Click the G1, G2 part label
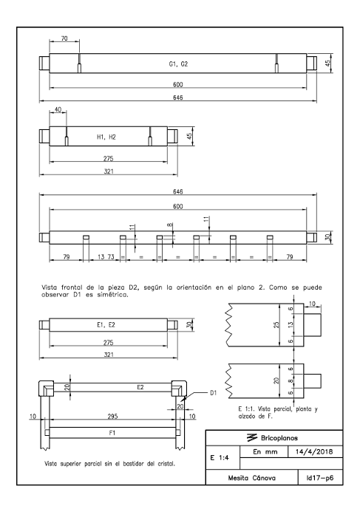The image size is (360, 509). [x=178, y=64]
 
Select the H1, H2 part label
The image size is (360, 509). [x=106, y=137]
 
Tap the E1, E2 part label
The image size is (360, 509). [x=106, y=325]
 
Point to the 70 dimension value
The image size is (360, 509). [x=64, y=38]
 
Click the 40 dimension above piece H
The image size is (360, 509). [x=58, y=110]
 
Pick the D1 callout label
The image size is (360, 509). [x=213, y=393]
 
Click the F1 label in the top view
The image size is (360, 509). [x=112, y=433]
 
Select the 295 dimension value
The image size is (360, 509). [x=112, y=416]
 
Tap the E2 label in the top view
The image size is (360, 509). [x=140, y=387]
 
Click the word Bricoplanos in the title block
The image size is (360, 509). [x=279, y=438]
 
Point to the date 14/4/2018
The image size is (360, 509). [x=314, y=451]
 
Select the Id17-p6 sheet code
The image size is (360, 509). [x=319, y=478]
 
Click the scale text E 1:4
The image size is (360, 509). [x=220, y=458]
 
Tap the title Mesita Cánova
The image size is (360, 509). [x=251, y=478]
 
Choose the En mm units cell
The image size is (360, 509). [x=265, y=451]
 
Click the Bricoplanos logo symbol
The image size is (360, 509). [x=252, y=438]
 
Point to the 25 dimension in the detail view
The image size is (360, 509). [x=276, y=324]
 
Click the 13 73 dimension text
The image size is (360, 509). [x=106, y=257]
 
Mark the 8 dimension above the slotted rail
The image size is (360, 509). [x=170, y=225]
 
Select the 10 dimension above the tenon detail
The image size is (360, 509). [x=312, y=304]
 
